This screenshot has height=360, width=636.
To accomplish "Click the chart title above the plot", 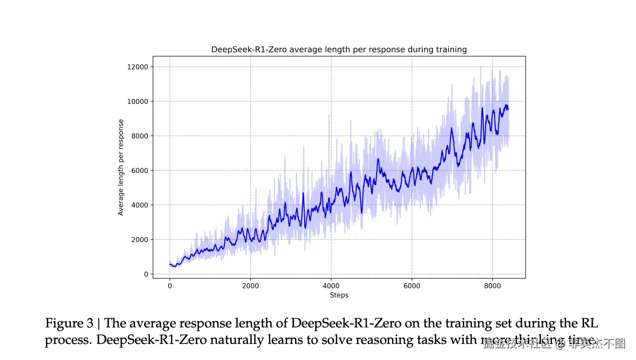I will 339,49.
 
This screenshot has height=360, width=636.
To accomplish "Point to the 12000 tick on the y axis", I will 138,67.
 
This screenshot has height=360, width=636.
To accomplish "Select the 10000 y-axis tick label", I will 138,101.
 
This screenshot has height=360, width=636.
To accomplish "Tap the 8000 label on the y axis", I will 140,136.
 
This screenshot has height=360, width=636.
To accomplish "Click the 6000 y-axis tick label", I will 140,170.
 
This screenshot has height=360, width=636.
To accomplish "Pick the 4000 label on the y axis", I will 140,205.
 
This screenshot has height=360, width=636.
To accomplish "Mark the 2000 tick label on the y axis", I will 140,240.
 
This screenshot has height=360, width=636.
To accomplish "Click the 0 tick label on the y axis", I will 146,274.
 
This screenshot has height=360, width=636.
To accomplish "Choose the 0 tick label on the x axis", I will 170,286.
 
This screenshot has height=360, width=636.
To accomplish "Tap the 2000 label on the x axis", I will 250,286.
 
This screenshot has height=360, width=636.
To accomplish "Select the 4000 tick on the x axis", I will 331,286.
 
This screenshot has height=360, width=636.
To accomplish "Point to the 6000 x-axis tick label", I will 412,286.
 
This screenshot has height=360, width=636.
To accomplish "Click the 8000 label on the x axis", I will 492,286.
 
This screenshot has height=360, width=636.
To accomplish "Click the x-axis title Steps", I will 339,295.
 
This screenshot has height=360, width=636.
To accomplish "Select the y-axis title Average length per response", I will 121,167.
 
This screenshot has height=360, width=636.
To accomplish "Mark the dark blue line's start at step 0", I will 170,264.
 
